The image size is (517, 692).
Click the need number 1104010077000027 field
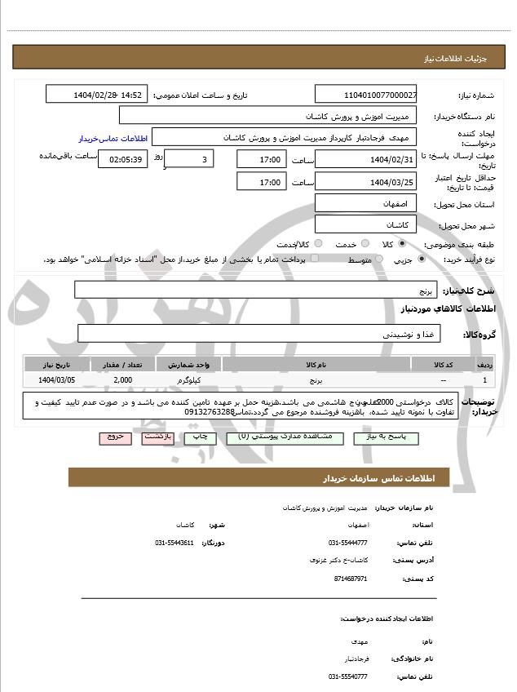pos(365,95)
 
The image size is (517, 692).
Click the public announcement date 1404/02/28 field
pos(96,95)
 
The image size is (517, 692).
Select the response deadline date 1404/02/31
pos(365,158)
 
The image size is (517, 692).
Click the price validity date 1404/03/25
pos(365,181)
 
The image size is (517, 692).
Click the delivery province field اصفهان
pos(365,202)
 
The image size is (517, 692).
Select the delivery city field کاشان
pos(365,223)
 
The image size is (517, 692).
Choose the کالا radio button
pos(401,243)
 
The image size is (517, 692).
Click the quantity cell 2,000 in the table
pos(123,379)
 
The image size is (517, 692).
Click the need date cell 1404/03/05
pos(56,379)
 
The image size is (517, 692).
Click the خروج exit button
pos(115,437)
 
